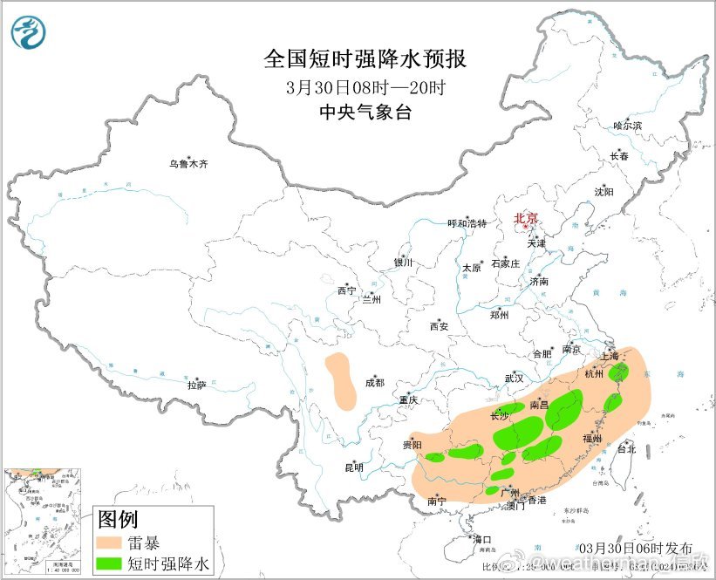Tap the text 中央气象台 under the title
(365, 112)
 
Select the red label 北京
(525, 219)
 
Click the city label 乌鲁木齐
(188, 163)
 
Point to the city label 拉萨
(196, 384)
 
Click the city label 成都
(373, 382)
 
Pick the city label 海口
(481, 539)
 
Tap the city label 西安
(438, 326)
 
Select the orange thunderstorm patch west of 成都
(340, 380)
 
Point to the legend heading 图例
(118, 521)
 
